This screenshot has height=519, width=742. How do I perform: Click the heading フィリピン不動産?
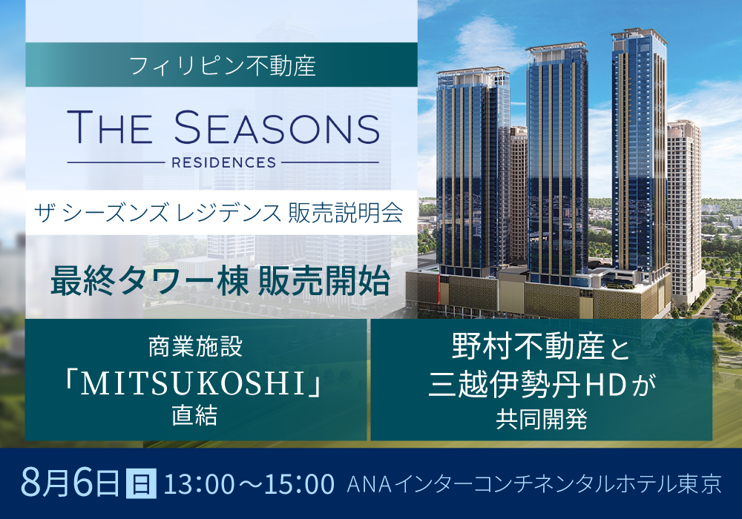(x=222, y=66)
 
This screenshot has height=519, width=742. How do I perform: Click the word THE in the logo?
(x=110, y=127)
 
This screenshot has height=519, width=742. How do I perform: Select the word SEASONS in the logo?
(x=277, y=127)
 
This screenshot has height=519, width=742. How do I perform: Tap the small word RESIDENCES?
(x=223, y=162)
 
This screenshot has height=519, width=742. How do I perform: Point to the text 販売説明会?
(x=346, y=213)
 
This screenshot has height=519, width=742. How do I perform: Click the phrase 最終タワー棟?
(x=149, y=282)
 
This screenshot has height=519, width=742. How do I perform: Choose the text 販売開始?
(x=324, y=282)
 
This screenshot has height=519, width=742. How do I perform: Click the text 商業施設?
(x=195, y=346)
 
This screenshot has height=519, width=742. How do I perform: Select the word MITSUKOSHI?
(x=194, y=384)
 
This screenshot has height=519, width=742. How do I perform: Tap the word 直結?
(x=194, y=416)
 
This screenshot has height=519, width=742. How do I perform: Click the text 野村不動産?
(x=528, y=346)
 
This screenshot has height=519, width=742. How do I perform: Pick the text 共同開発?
(x=542, y=419)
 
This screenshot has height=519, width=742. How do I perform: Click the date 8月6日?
(x=70, y=482)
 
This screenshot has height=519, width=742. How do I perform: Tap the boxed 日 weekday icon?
(x=140, y=483)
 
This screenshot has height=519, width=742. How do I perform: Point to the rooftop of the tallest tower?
(x=638, y=33)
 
